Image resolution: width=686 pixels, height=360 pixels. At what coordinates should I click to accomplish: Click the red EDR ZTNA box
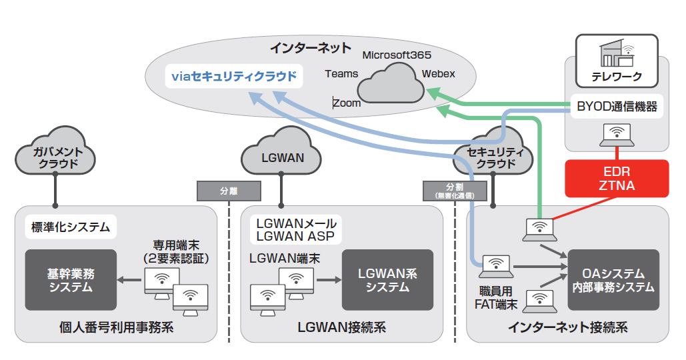[616, 179]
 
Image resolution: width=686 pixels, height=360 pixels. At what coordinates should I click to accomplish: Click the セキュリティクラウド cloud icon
[492, 155]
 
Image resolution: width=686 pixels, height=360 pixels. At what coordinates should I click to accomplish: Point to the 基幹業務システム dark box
[70, 280]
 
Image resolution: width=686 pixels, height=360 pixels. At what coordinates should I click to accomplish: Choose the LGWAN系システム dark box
[387, 280]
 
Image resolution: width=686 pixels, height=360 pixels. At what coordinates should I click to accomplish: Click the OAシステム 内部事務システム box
[613, 280]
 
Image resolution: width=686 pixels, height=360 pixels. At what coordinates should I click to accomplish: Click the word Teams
[341, 74]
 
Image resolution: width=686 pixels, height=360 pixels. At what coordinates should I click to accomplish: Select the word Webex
[438, 73]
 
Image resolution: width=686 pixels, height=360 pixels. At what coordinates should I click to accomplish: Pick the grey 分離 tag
[228, 191]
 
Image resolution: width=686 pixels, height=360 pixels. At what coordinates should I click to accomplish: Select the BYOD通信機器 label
[617, 106]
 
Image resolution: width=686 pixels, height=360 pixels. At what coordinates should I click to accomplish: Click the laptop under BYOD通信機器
[617, 135]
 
